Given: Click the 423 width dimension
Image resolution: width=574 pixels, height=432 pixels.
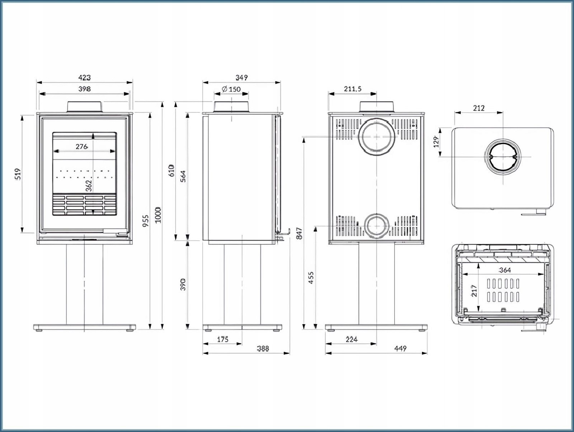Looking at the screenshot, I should (85, 77).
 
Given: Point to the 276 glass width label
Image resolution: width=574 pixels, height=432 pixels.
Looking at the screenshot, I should (82, 146).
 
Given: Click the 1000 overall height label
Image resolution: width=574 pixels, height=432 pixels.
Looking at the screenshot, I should (158, 215).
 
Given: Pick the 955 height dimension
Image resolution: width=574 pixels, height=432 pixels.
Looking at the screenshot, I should (146, 221).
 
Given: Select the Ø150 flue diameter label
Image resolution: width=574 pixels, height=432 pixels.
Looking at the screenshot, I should (231, 89).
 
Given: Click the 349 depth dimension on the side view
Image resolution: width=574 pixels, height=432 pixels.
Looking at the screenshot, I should (241, 77).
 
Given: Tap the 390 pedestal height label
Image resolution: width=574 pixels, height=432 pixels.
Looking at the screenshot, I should (183, 284).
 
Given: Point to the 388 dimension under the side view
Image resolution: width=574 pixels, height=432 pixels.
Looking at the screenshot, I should (263, 348).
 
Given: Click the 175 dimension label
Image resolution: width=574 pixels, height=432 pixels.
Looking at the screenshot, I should (222, 339).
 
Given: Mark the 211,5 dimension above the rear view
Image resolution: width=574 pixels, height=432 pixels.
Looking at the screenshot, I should (353, 89).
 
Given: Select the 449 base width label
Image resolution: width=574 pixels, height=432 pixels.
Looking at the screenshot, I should (400, 348).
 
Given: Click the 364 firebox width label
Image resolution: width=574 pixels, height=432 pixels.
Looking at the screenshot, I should (504, 270).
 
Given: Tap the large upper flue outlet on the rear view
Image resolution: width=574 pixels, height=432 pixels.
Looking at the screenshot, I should (377, 137).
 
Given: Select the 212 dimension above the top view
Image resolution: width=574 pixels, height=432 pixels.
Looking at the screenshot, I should (479, 108).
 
